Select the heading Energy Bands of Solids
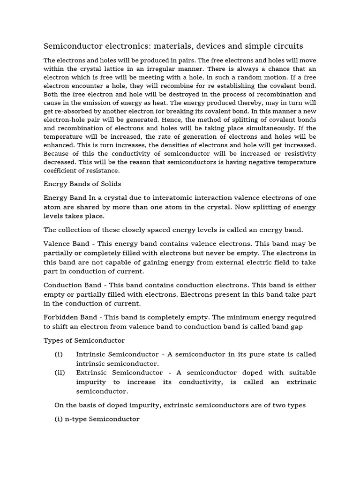[82, 183]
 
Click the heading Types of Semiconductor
[84, 340]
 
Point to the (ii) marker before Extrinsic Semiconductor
[60, 373]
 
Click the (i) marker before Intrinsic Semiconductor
[59, 354]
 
